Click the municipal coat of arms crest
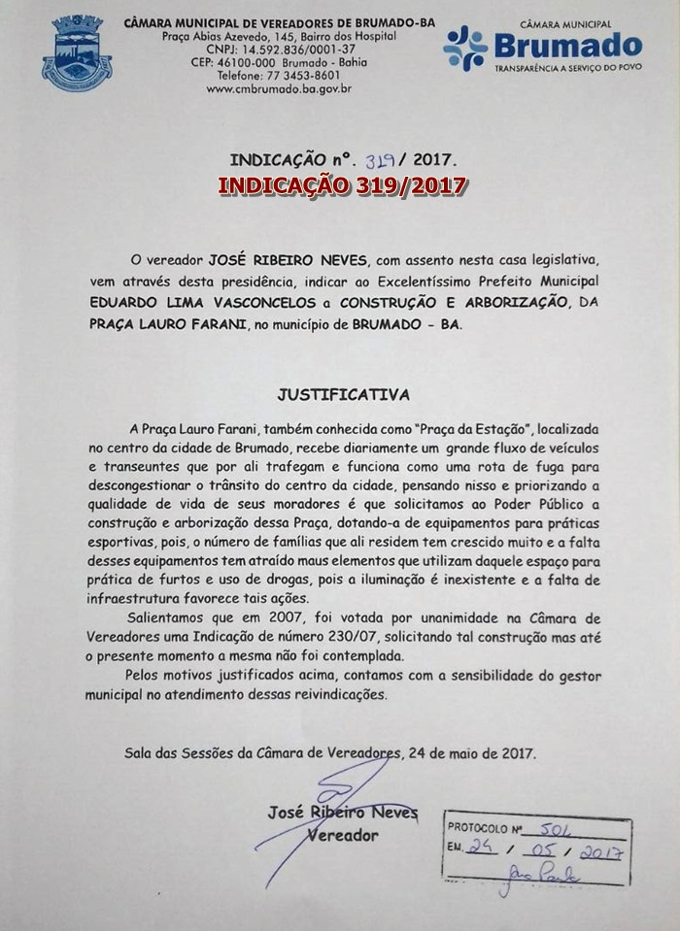[x=77, y=53]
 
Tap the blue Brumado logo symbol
[x=465, y=49]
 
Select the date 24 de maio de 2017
[x=472, y=753]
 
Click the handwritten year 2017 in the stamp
[x=599, y=851]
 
